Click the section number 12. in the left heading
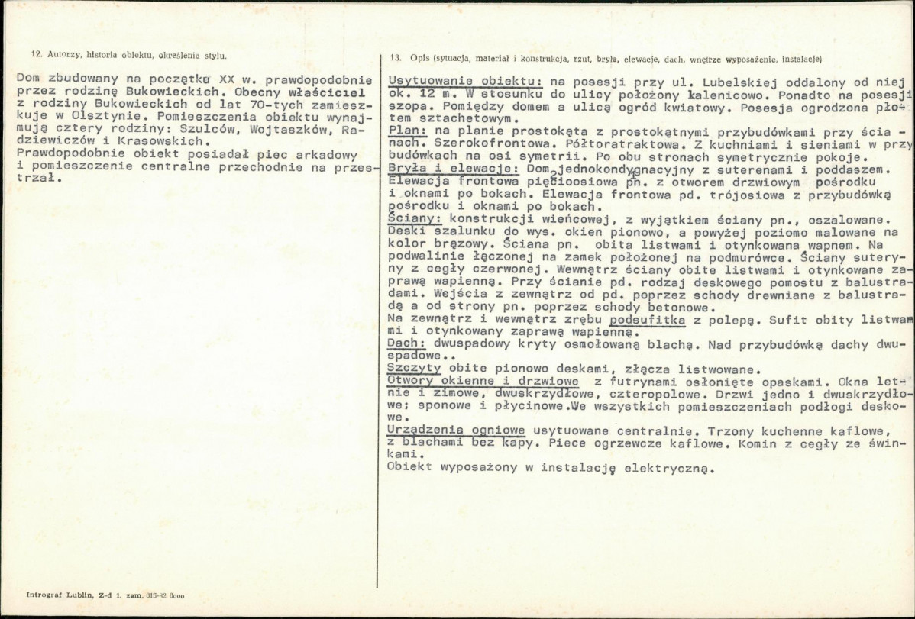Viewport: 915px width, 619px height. (35, 56)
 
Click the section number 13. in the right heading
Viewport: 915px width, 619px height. (395, 58)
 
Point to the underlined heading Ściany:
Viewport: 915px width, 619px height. (414, 218)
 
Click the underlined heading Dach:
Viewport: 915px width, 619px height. (406, 343)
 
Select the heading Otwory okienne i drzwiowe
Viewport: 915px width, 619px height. (483, 381)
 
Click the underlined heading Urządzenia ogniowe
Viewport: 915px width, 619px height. (456, 430)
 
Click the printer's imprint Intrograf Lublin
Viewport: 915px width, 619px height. (59, 595)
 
